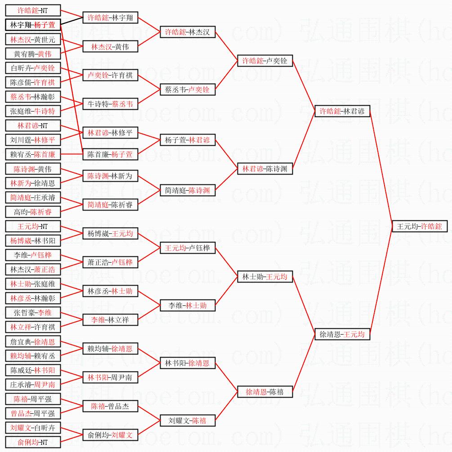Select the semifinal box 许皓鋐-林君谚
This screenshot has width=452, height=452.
pos(342,111)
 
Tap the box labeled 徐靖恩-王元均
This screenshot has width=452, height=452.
pos(342,334)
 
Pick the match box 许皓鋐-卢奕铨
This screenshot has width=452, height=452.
pos(265,61)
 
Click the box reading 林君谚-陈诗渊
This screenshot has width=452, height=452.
pos(265,169)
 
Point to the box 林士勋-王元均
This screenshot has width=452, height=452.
pos(265,277)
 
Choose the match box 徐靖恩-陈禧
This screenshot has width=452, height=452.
pos(265,392)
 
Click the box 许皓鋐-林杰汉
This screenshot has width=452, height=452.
pos(188,32)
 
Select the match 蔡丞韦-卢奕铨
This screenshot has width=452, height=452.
pos(188,90)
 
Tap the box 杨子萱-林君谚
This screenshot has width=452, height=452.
pos(188,140)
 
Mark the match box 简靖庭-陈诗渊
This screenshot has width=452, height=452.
pos(188,190)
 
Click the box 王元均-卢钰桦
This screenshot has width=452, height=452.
pos(188,248)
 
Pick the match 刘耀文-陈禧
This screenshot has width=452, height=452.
pos(188,421)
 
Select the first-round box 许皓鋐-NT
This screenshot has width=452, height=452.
pos(33,10)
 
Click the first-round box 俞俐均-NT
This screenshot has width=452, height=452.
pos(33,442)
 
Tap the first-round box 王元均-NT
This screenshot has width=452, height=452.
pos(33,226)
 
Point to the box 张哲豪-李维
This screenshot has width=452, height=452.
pos(33,313)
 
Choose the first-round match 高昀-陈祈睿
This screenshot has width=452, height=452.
pos(33,212)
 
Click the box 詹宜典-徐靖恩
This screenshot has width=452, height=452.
pos(33,341)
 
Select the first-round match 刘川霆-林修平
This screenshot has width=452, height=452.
pos(33,140)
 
